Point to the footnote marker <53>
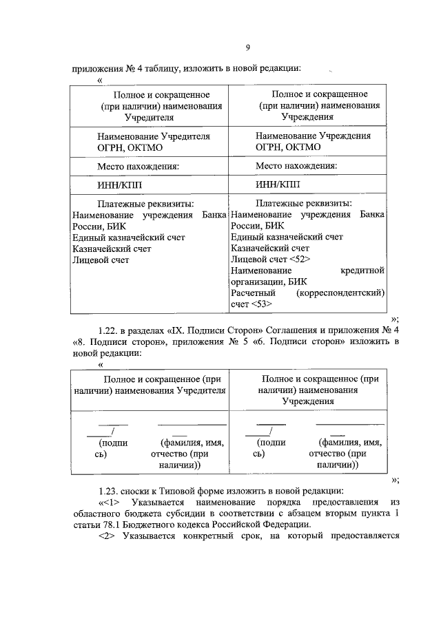[x=261, y=304]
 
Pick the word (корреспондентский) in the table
[x=340, y=293]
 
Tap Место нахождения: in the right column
[x=296, y=166]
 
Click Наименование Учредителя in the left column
[x=143, y=136]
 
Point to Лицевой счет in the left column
[x=101, y=260]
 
